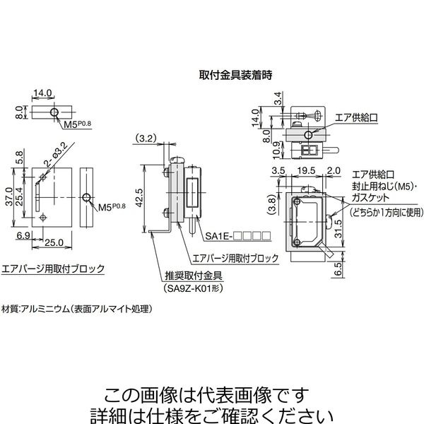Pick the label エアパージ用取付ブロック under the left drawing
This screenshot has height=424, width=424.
(x=54, y=269)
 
